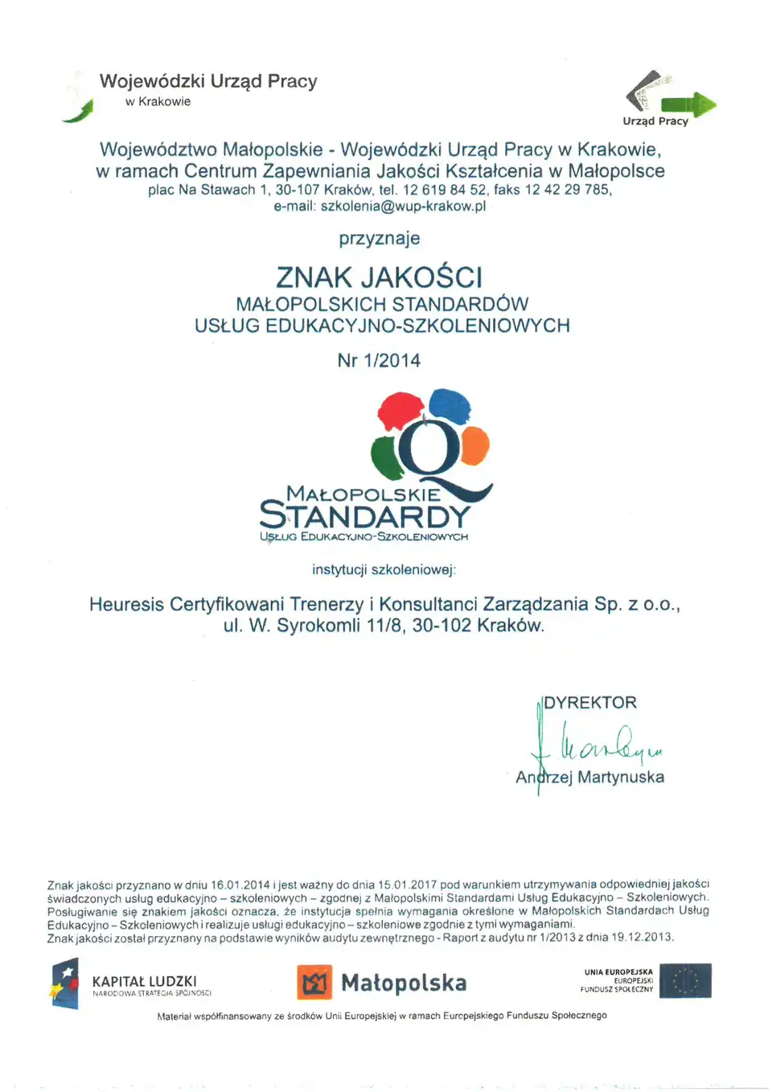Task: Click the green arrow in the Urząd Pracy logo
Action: coord(690,105)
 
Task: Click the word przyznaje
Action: coord(380,239)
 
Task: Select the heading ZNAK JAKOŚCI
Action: coord(380,277)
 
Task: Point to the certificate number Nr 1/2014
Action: coord(379,361)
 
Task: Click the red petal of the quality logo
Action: coord(400,411)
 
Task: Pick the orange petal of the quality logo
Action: coord(475,445)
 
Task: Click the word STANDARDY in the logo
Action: coord(365,515)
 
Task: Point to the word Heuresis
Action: coord(126,605)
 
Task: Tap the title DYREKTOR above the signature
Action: coord(590,703)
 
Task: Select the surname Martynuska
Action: coord(621,778)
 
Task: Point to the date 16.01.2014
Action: coord(240,885)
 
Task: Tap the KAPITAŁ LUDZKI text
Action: coord(145,982)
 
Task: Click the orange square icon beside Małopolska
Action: coord(314,982)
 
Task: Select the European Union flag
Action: coord(685,981)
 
